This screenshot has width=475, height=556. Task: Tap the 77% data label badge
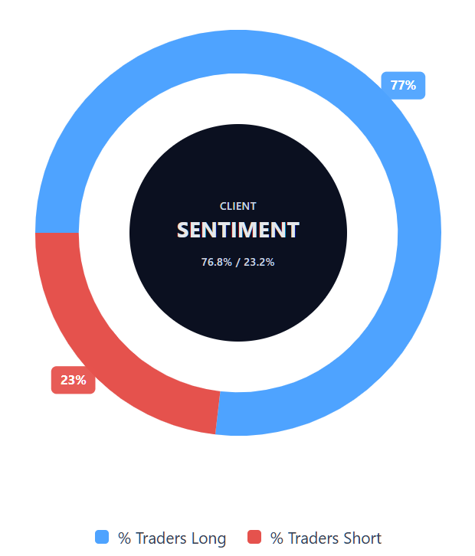403,85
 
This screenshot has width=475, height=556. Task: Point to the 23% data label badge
73,380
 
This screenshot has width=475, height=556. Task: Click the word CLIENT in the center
238,206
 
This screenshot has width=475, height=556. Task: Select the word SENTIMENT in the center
238,230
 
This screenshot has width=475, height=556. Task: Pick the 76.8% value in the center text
217,262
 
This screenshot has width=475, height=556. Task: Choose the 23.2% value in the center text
259,262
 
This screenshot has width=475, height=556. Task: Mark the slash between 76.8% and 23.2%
238,262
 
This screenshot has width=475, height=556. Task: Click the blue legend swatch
102,537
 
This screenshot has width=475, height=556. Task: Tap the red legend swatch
254,537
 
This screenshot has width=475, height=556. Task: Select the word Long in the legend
208,538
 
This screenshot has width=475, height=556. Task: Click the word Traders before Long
161,538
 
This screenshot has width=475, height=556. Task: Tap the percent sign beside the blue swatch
124,538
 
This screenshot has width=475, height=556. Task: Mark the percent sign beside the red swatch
277,538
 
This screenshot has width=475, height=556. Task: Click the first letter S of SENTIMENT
183,230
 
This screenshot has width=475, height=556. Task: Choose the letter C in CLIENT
223,206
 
